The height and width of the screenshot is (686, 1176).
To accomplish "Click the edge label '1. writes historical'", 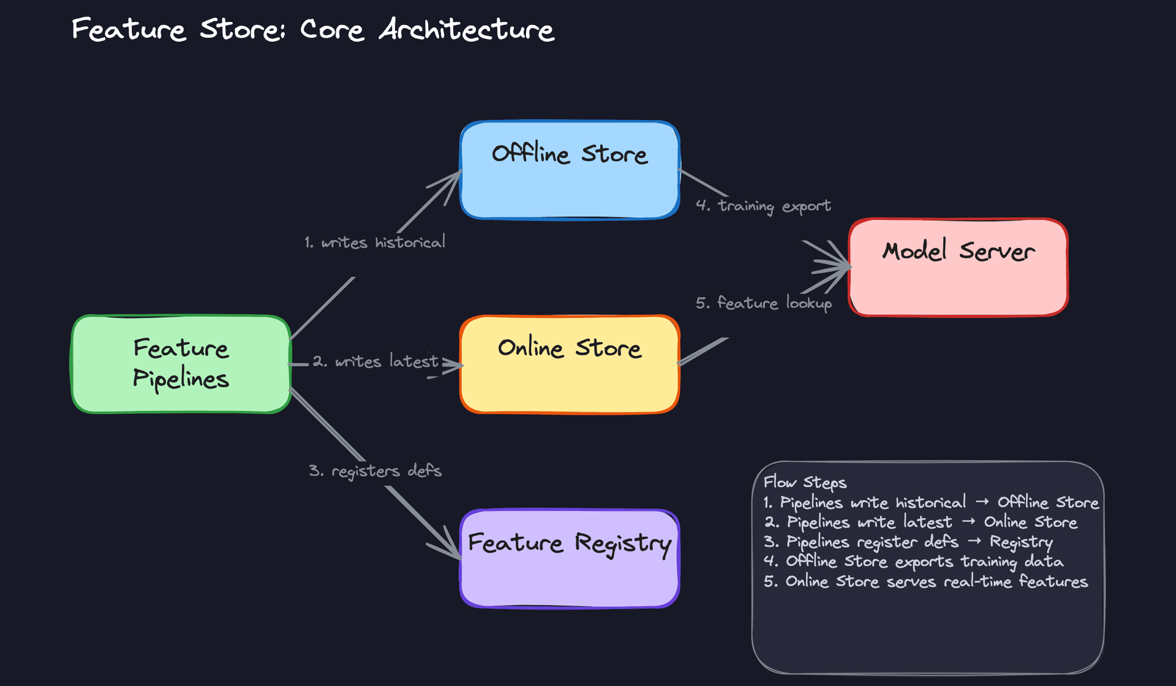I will (375, 243).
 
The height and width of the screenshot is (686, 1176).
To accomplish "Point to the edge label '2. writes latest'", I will (375, 361).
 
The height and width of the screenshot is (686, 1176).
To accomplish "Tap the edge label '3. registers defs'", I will (375, 471).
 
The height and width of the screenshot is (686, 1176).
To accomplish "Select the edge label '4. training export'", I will (763, 206).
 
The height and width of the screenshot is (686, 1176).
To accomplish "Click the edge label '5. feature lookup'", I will (763, 303).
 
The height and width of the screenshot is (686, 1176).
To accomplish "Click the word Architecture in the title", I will (467, 29).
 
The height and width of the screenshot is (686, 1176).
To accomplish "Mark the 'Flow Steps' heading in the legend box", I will (805, 482).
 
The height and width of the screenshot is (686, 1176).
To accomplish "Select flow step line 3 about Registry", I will (908, 542).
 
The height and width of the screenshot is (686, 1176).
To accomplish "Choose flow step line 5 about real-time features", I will (925, 581).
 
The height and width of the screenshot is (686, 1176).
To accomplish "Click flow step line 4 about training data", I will (913, 562).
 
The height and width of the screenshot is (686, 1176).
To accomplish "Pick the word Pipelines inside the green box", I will (181, 379).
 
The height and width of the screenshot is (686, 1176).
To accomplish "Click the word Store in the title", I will (241, 29).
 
